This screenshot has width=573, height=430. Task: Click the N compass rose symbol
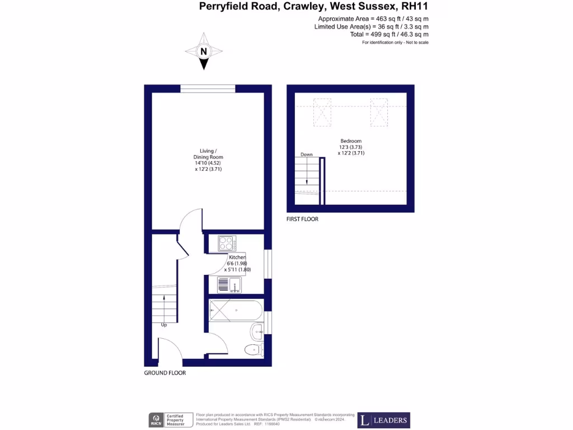click(204, 52)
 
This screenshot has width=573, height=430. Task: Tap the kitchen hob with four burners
click(227, 244)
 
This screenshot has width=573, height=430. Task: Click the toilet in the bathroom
click(253, 350)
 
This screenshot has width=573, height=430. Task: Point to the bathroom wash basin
click(257, 331)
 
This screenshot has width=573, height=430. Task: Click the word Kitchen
click(237, 258)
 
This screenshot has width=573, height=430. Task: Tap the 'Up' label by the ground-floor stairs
click(164, 325)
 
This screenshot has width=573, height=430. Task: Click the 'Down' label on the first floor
click(306, 155)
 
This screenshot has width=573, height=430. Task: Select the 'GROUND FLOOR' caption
click(165, 373)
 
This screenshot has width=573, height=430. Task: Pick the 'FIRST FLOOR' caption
click(302, 219)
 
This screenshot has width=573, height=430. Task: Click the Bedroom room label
click(351, 141)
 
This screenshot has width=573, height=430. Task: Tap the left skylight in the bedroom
click(322, 112)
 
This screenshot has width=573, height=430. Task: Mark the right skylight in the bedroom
click(379, 112)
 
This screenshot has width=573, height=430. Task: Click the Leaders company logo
click(384, 420)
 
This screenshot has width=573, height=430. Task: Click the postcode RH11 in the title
click(415, 7)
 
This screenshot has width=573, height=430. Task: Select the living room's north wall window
click(208, 88)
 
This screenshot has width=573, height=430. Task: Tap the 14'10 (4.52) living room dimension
click(208, 163)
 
